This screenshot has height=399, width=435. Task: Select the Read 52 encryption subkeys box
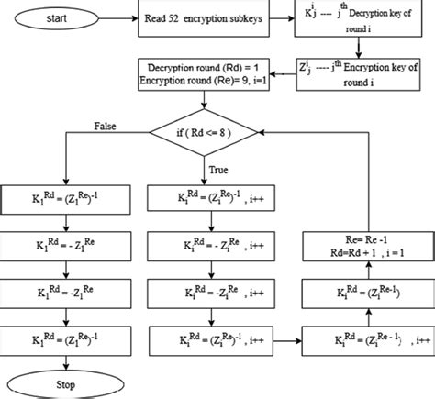pos(207,18)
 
